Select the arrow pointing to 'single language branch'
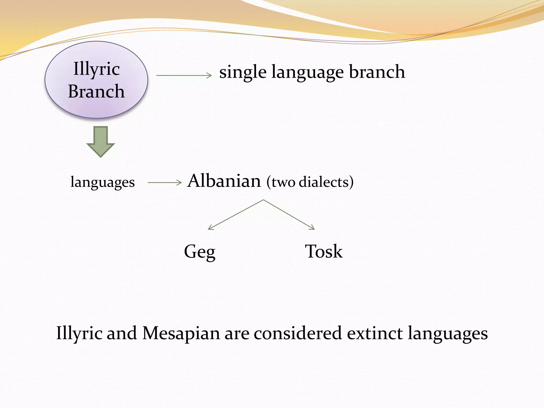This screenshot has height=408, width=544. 184,75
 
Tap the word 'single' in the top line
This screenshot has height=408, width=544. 243,72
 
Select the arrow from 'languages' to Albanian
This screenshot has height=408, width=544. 164,182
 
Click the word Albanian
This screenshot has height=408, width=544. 224,181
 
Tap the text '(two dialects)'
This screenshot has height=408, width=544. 310,182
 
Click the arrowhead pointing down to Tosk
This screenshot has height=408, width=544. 313,228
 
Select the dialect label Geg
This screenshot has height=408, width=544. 199,252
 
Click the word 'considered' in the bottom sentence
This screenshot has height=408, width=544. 297,333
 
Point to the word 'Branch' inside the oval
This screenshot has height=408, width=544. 96,91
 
